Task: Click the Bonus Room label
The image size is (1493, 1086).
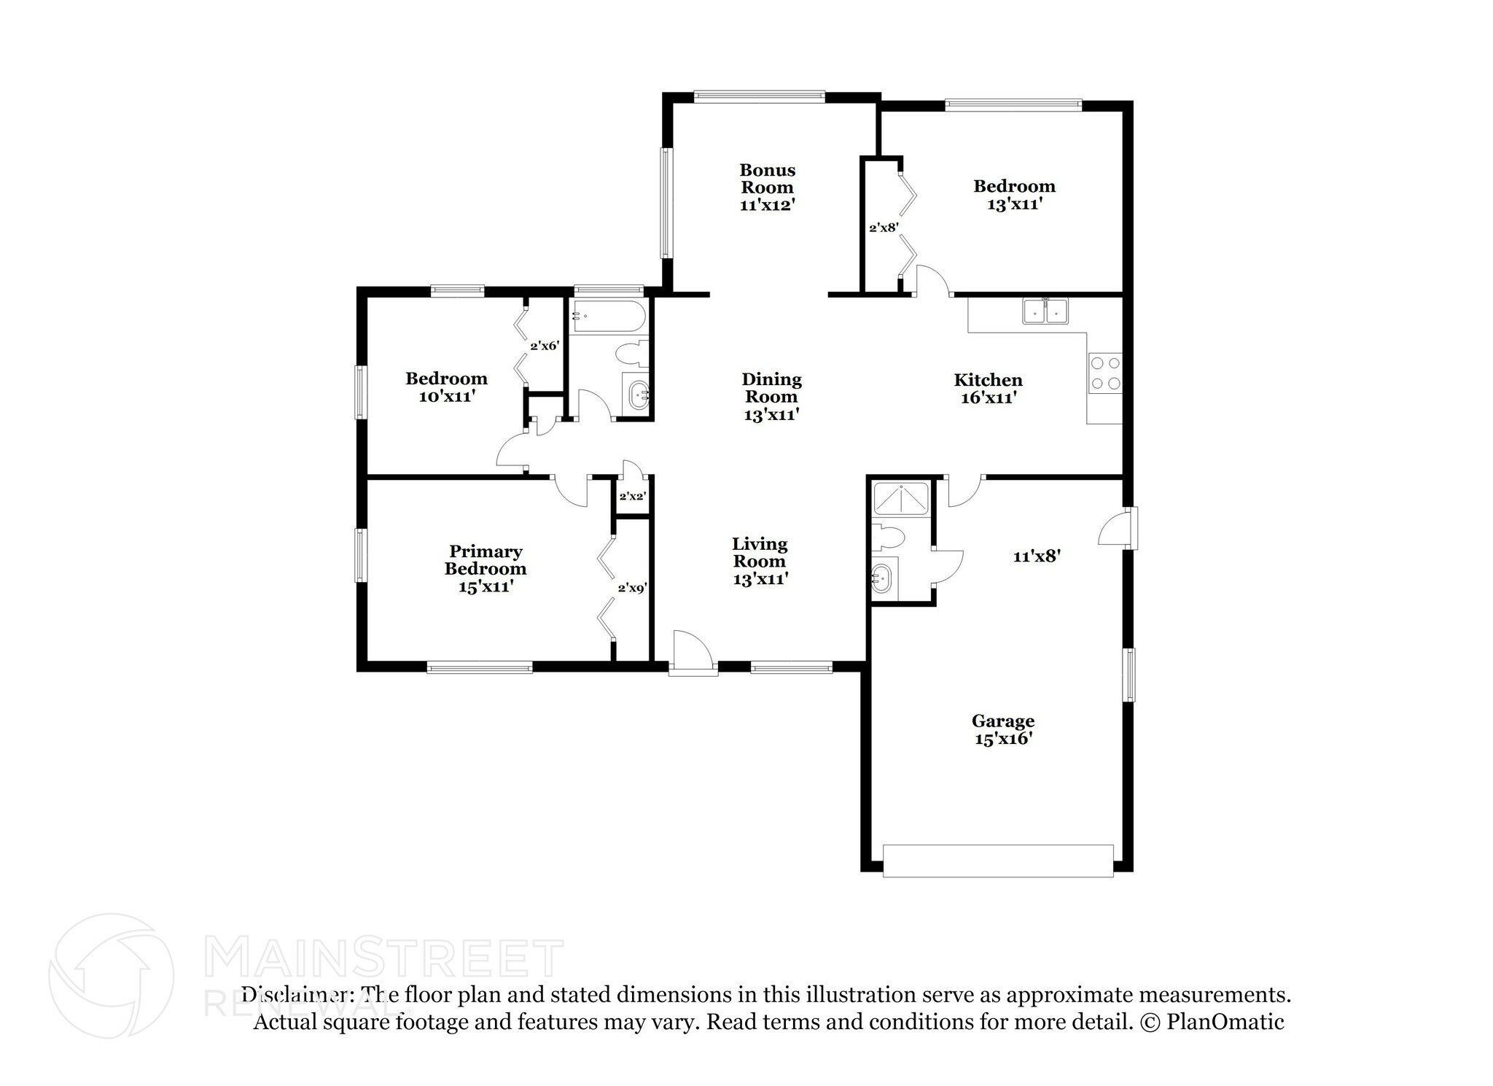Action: pos(767,187)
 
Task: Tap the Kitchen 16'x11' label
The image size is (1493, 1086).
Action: pos(988,389)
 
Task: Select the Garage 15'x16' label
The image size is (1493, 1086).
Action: pos(1002,729)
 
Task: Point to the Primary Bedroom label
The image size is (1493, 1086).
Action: pos(486,569)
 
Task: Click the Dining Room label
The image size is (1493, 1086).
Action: pos(771,397)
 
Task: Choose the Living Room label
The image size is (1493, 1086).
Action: pos(760,561)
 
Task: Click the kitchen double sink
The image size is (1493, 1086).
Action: pos(1045,311)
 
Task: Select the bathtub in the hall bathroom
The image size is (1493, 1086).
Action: pos(607,317)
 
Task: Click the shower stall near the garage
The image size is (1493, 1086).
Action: pos(901,498)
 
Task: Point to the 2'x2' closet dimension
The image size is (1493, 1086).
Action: pos(632,497)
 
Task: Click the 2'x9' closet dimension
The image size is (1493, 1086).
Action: pos(632,587)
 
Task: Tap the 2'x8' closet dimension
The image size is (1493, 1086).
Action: pos(883,228)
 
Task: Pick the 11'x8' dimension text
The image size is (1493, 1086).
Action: pos(1036,556)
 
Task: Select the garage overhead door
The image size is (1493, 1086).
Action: pos(997,861)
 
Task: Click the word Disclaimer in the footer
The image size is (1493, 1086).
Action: pos(295,995)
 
